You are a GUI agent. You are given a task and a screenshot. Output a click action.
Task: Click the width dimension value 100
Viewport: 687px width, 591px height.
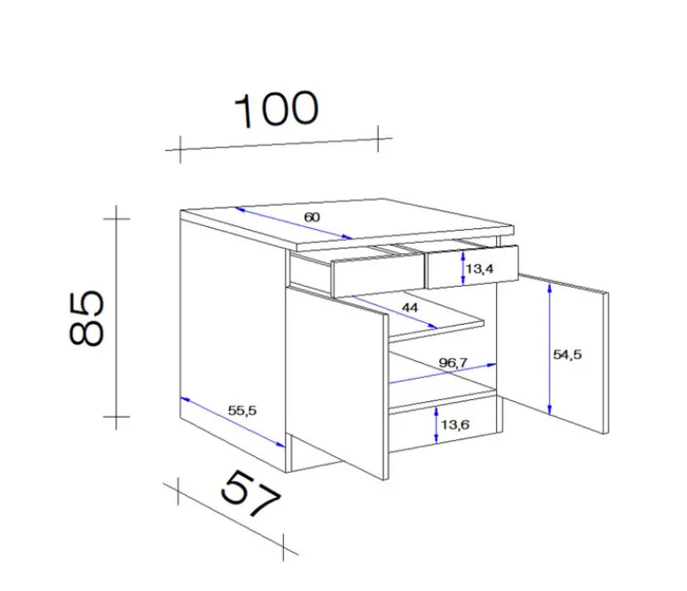click(x=276, y=109)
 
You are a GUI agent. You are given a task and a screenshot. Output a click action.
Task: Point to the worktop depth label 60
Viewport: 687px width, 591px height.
click(x=312, y=217)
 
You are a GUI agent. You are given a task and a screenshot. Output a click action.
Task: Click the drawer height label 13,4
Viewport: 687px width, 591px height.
click(x=478, y=269)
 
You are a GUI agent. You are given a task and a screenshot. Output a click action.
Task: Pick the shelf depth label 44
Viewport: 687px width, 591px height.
click(x=411, y=307)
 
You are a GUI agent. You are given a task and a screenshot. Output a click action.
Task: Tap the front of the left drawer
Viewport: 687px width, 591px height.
click(x=377, y=275)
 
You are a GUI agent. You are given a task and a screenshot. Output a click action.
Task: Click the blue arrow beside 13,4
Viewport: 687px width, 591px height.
click(x=464, y=268)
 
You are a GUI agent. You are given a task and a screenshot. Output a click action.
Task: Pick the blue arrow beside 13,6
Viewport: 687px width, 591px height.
click(x=437, y=425)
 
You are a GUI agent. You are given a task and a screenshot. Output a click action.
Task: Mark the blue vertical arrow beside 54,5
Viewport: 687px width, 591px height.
click(x=550, y=350)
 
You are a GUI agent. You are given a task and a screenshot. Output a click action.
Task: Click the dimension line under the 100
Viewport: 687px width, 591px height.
click(x=276, y=142)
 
